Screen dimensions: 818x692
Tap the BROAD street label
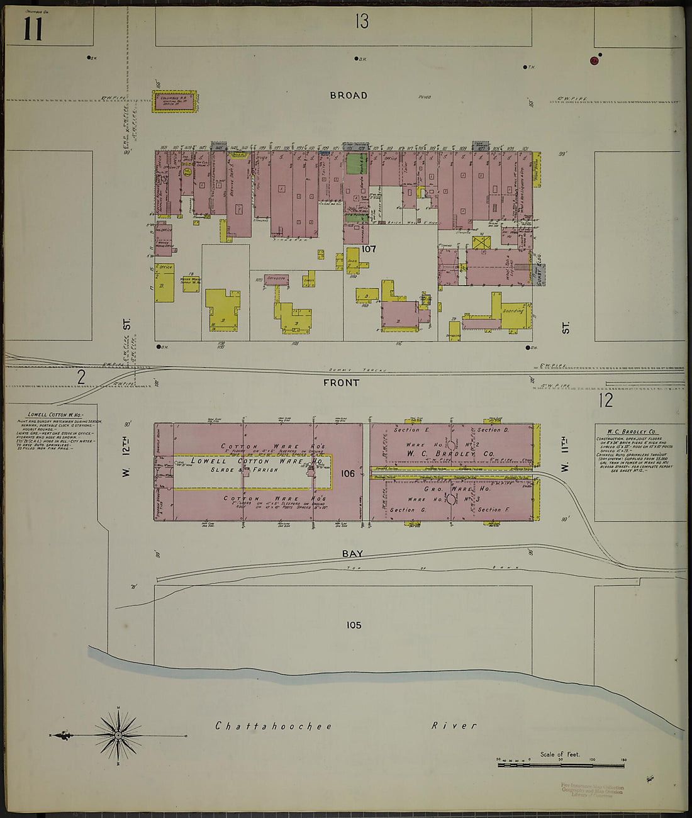[x=349, y=96]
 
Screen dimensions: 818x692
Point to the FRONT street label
[x=342, y=383]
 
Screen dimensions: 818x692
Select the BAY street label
[x=352, y=554]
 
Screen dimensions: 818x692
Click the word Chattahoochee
[x=274, y=726]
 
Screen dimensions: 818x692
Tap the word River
[x=454, y=726]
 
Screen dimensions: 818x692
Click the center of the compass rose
[x=118, y=735]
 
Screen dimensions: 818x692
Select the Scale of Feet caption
[x=560, y=754]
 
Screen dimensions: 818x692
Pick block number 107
[x=369, y=249]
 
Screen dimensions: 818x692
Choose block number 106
[x=348, y=473]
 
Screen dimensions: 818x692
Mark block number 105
[x=354, y=625]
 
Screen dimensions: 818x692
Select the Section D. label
[x=493, y=430]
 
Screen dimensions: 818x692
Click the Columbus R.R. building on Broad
[x=174, y=101]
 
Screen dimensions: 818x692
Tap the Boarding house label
[x=513, y=311]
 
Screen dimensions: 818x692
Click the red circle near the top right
[x=593, y=60]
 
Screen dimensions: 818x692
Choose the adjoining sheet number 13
[x=361, y=22]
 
